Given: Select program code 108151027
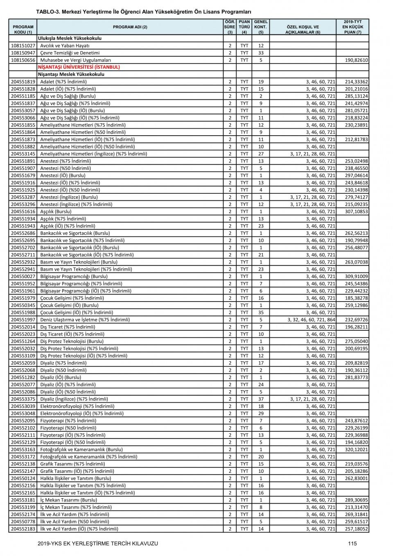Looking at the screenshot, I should pos(23,46).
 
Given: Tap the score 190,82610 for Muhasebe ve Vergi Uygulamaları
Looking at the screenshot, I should pos(356,60).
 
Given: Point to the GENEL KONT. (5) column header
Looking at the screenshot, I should pos(261,27).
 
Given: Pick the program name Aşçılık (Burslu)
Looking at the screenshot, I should pos(56,212).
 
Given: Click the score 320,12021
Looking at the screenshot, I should pos(356,449).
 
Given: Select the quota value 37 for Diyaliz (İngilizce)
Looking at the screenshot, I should pos(261,399).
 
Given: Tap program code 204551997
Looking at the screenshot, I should pos(23,320).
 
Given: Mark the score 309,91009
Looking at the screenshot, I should pos(356,277).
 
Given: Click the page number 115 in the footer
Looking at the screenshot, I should pos(352,544).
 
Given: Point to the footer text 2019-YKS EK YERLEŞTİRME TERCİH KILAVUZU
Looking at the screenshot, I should pos(97,544).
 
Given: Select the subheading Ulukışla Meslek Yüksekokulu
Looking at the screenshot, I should pos(70,39).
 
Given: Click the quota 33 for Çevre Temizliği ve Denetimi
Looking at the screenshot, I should pos(261,53).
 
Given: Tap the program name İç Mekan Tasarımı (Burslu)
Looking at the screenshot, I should pos(68,500).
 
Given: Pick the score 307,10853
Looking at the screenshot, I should pos(356,212).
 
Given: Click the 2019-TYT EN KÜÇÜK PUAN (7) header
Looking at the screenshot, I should pos(352,27).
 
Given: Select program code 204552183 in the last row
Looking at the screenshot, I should pos(23,529).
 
